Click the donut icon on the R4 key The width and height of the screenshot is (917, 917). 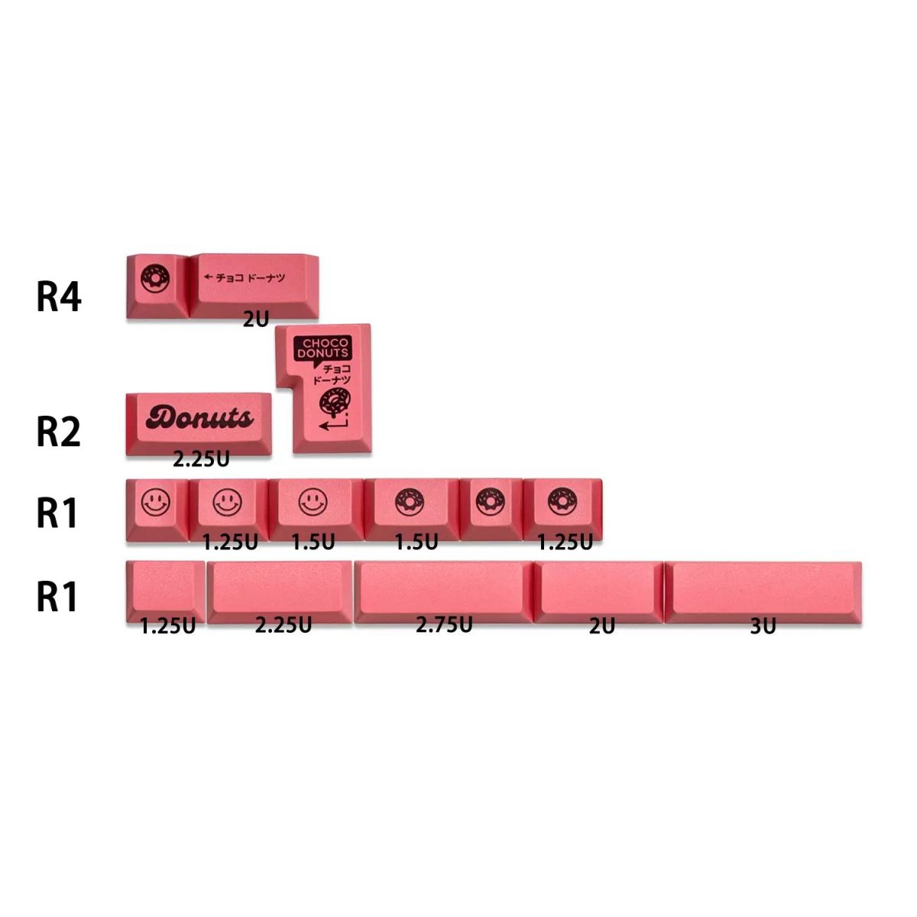coord(154,279)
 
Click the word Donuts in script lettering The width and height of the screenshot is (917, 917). coord(199,418)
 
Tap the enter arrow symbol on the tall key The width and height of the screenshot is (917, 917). coord(334,423)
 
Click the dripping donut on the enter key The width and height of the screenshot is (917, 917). coord(335,403)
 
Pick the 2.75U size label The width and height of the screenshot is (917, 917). coord(444,625)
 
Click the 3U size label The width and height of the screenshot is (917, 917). coord(763,627)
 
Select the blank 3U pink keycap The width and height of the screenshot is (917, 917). coord(763,591)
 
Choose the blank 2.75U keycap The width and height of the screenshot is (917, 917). coord(444,591)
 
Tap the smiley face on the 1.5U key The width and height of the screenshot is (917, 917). coord(313,501)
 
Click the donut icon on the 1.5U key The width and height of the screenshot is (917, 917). coord(410,501)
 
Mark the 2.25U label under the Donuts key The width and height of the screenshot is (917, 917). coord(201,459)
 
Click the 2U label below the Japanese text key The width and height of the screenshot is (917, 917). coord(256,319)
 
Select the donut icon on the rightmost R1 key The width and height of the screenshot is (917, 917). coord(562,501)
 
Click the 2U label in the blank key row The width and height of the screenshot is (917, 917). coord(602,627)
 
